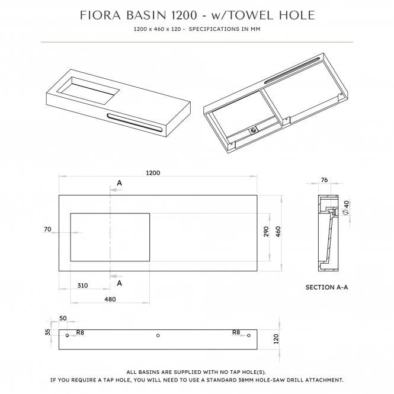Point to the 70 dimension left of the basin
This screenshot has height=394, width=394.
click(x=48, y=229)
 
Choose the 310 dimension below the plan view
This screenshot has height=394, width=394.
click(x=82, y=285)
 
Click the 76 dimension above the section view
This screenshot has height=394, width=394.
click(x=325, y=181)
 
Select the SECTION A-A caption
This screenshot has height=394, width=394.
click(x=326, y=287)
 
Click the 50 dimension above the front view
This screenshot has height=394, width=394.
click(x=63, y=318)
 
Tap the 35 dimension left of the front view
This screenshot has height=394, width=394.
click(x=48, y=332)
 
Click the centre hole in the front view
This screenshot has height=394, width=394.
click(x=158, y=336)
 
